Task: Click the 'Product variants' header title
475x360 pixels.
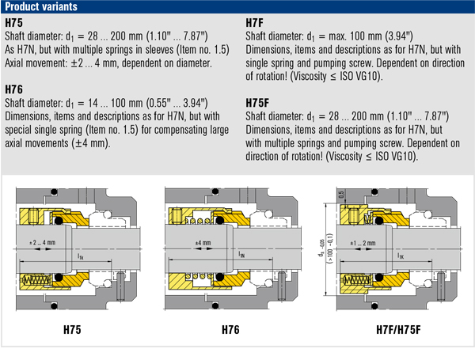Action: click(x=39, y=7)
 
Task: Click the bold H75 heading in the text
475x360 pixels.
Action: click(x=15, y=24)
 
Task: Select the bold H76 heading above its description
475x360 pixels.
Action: click(x=15, y=89)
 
